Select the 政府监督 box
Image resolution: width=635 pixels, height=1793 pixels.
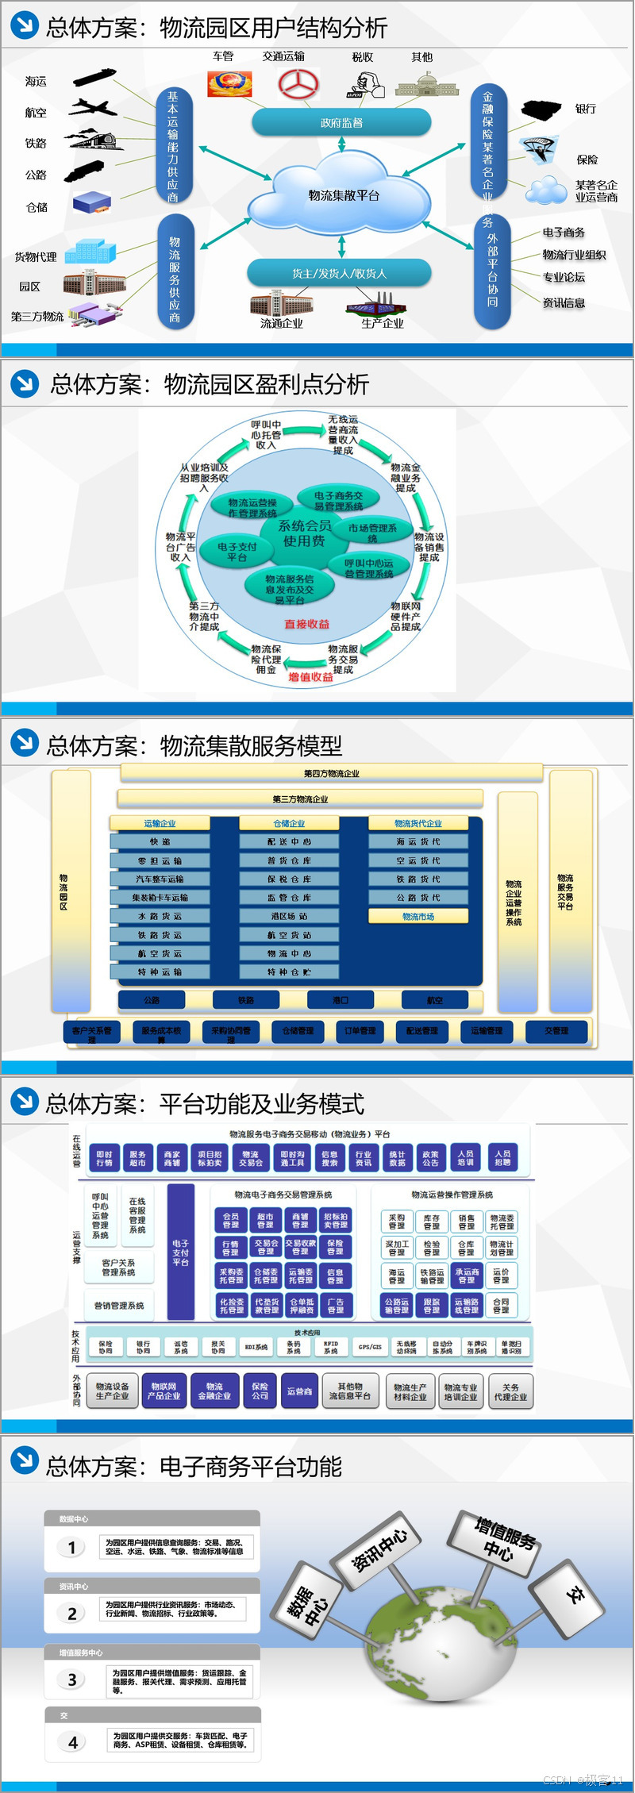point(341,123)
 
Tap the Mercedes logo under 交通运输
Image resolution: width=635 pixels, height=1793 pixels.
point(298,83)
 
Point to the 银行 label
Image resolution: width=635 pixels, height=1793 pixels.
point(586,109)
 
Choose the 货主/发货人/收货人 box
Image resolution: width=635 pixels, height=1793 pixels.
point(339,274)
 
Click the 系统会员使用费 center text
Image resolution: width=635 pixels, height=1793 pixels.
point(304,533)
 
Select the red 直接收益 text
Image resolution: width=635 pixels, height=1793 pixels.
point(306,625)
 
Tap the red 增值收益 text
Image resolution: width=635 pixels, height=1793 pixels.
point(310,677)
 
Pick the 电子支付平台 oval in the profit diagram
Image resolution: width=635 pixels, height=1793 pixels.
point(237,552)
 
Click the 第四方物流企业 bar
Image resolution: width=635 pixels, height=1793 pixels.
point(332,773)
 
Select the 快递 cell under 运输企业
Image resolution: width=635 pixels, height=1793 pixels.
point(160,841)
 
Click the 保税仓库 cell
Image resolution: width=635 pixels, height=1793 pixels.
point(289,879)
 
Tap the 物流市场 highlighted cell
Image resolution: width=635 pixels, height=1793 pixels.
point(418,916)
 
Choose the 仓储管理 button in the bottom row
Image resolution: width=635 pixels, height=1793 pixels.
point(298,1030)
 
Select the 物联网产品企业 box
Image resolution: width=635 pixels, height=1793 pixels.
point(164,1391)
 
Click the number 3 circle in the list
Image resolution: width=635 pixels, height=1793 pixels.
point(72,1679)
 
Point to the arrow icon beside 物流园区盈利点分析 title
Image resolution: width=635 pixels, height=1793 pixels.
point(25,384)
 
